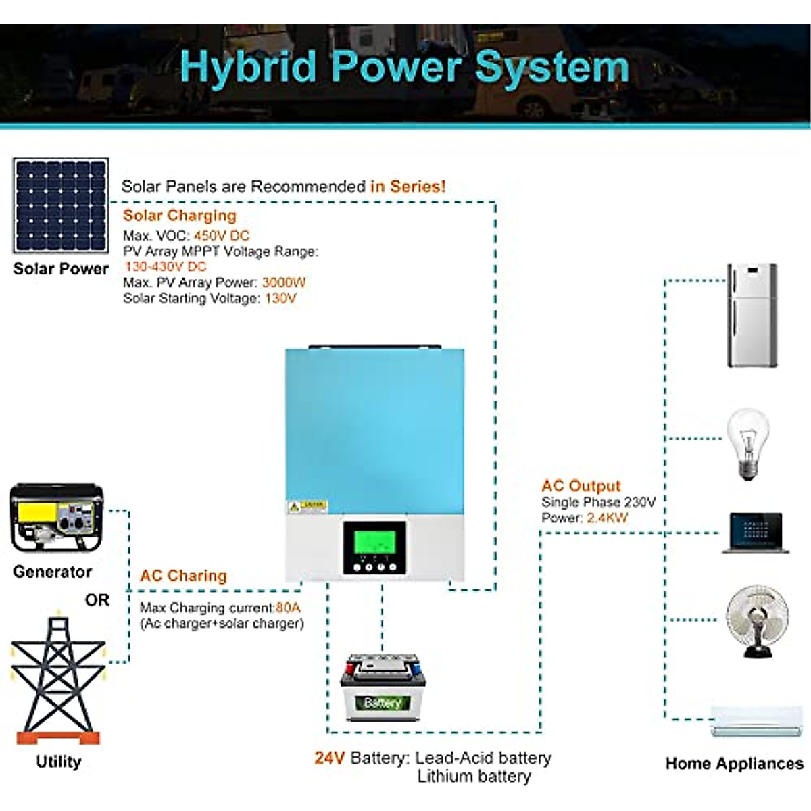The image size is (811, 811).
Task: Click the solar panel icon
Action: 61,206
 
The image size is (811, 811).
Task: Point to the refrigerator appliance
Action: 752,316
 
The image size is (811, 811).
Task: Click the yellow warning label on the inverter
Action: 308,507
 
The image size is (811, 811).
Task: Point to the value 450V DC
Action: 222,236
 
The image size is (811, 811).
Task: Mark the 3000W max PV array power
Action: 284,282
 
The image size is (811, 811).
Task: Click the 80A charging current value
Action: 288,608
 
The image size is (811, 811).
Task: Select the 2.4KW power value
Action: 607,518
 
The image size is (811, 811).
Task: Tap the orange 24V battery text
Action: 330,758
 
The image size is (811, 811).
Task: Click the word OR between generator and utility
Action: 97,600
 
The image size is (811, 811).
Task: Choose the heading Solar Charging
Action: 180,216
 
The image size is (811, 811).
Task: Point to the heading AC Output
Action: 581,486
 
